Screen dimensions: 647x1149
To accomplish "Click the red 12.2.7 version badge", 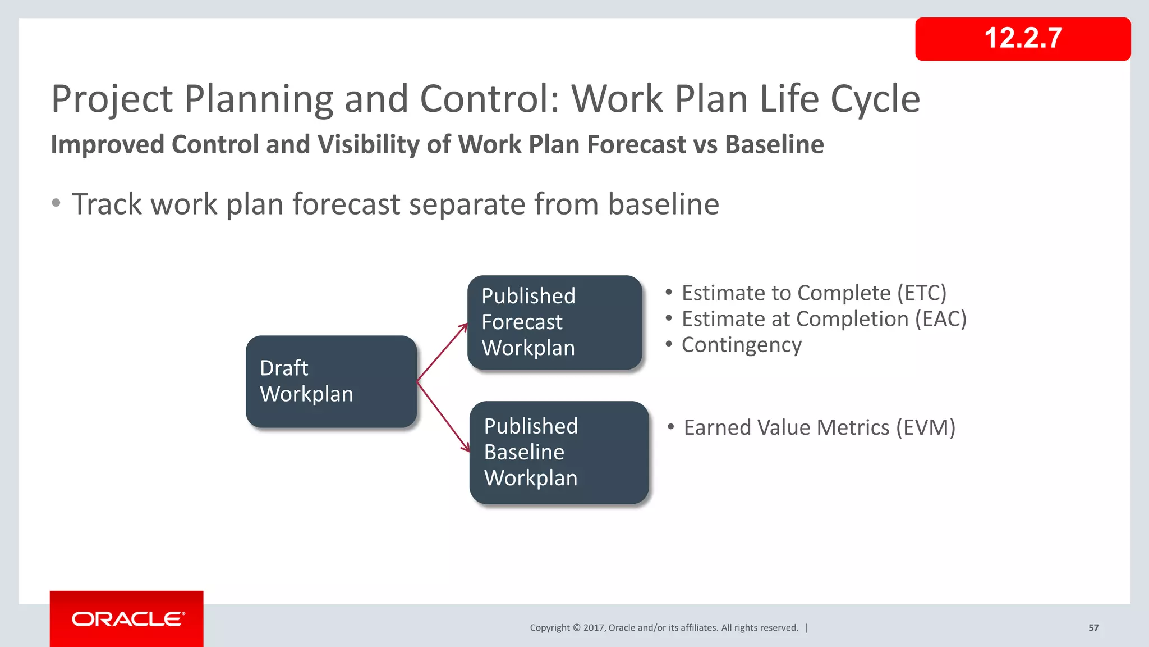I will (x=1022, y=39).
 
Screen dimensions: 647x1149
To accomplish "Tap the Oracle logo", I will (x=127, y=619).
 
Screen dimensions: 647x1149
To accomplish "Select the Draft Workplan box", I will (x=331, y=381).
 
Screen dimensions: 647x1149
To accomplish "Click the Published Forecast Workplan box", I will (x=554, y=322).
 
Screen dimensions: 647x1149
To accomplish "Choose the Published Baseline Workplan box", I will (x=559, y=452).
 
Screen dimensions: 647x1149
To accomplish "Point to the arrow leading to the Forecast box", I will (x=443, y=352).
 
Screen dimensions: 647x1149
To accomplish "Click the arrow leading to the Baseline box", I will (x=443, y=416).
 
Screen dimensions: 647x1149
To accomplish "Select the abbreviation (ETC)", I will (x=921, y=293).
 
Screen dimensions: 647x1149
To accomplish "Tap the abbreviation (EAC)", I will (x=940, y=319).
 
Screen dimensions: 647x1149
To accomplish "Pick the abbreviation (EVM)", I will (x=925, y=427).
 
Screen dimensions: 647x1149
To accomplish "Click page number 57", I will (x=1093, y=628).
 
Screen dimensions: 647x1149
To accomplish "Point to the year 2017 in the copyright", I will (x=593, y=628).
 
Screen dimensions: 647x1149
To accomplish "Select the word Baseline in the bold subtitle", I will (x=774, y=144).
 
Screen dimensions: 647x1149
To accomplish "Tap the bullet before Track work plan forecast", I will (x=56, y=203).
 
